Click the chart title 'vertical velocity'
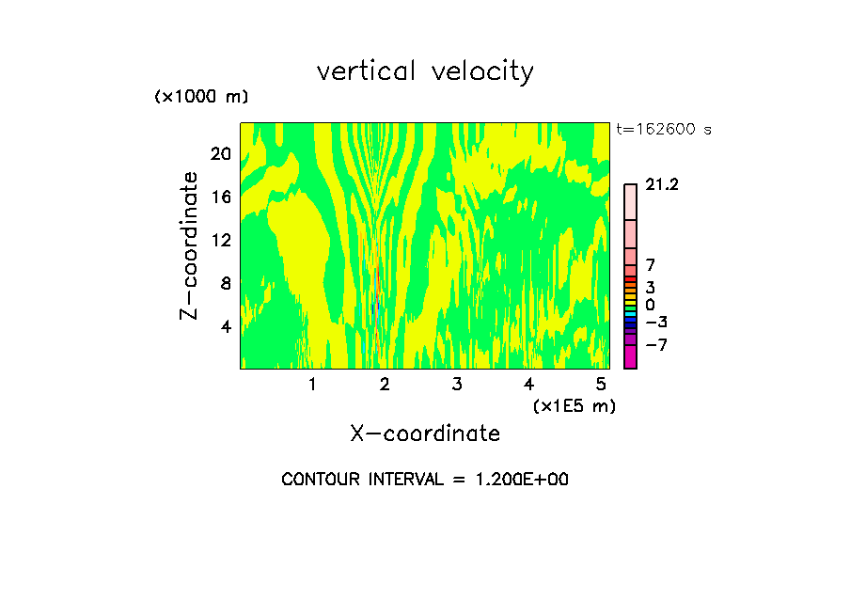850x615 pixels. pos(425,71)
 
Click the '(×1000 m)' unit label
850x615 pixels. pos(200,98)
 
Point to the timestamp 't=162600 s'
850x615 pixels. pos(663,130)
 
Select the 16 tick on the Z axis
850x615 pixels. pos(219,197)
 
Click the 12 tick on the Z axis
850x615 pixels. pos(219,240)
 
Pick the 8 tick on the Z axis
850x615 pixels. pos(224,283)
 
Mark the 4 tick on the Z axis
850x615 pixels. pos(224,326)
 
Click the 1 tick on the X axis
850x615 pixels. pos(312,384)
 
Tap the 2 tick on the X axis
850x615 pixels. pos(384,384)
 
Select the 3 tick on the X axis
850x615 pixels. pos(456,384)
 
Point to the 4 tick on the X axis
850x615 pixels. pos(528,384)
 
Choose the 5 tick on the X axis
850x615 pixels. pos(600,384)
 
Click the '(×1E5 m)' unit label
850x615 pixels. pos(574,406)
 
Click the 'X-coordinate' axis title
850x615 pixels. pos(425,434)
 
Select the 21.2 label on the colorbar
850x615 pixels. pos(662,185)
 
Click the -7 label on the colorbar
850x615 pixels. pos(656,345)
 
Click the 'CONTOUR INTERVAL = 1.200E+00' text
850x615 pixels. pos(425,480)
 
